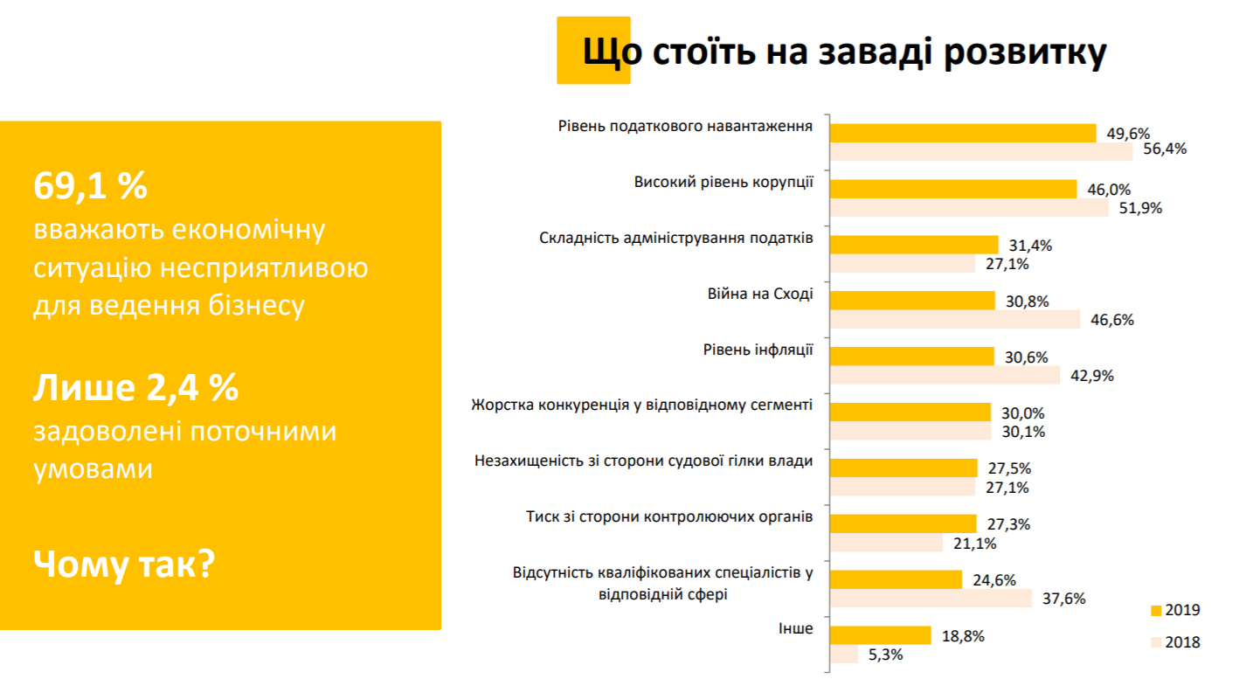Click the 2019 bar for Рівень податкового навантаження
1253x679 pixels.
click(963, 133)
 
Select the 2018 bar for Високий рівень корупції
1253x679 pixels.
click(969, 207)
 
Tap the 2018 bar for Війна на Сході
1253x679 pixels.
click(955, 319)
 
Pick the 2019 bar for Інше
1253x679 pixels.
click(881, 635)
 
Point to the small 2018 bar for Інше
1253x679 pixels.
click(844, 654)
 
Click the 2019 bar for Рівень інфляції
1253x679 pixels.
click(911, 357)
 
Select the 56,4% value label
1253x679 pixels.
click(1165, 149)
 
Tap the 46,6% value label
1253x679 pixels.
click(1112, 320)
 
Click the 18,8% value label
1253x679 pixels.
click(963, 636)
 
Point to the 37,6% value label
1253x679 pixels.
click(1063, 599)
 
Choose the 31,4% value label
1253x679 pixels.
click(1030, 246)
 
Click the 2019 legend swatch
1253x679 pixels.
click(1156, 611)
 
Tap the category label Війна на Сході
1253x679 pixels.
click(760, 294)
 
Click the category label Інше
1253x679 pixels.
click(796, 628)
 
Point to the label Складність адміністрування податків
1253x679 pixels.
click(676, 239)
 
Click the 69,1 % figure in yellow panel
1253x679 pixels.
click(91, 185)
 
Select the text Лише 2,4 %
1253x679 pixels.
click(136, 387)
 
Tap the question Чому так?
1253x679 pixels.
click(124, 564)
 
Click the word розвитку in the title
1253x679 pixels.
click(1025, 52)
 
